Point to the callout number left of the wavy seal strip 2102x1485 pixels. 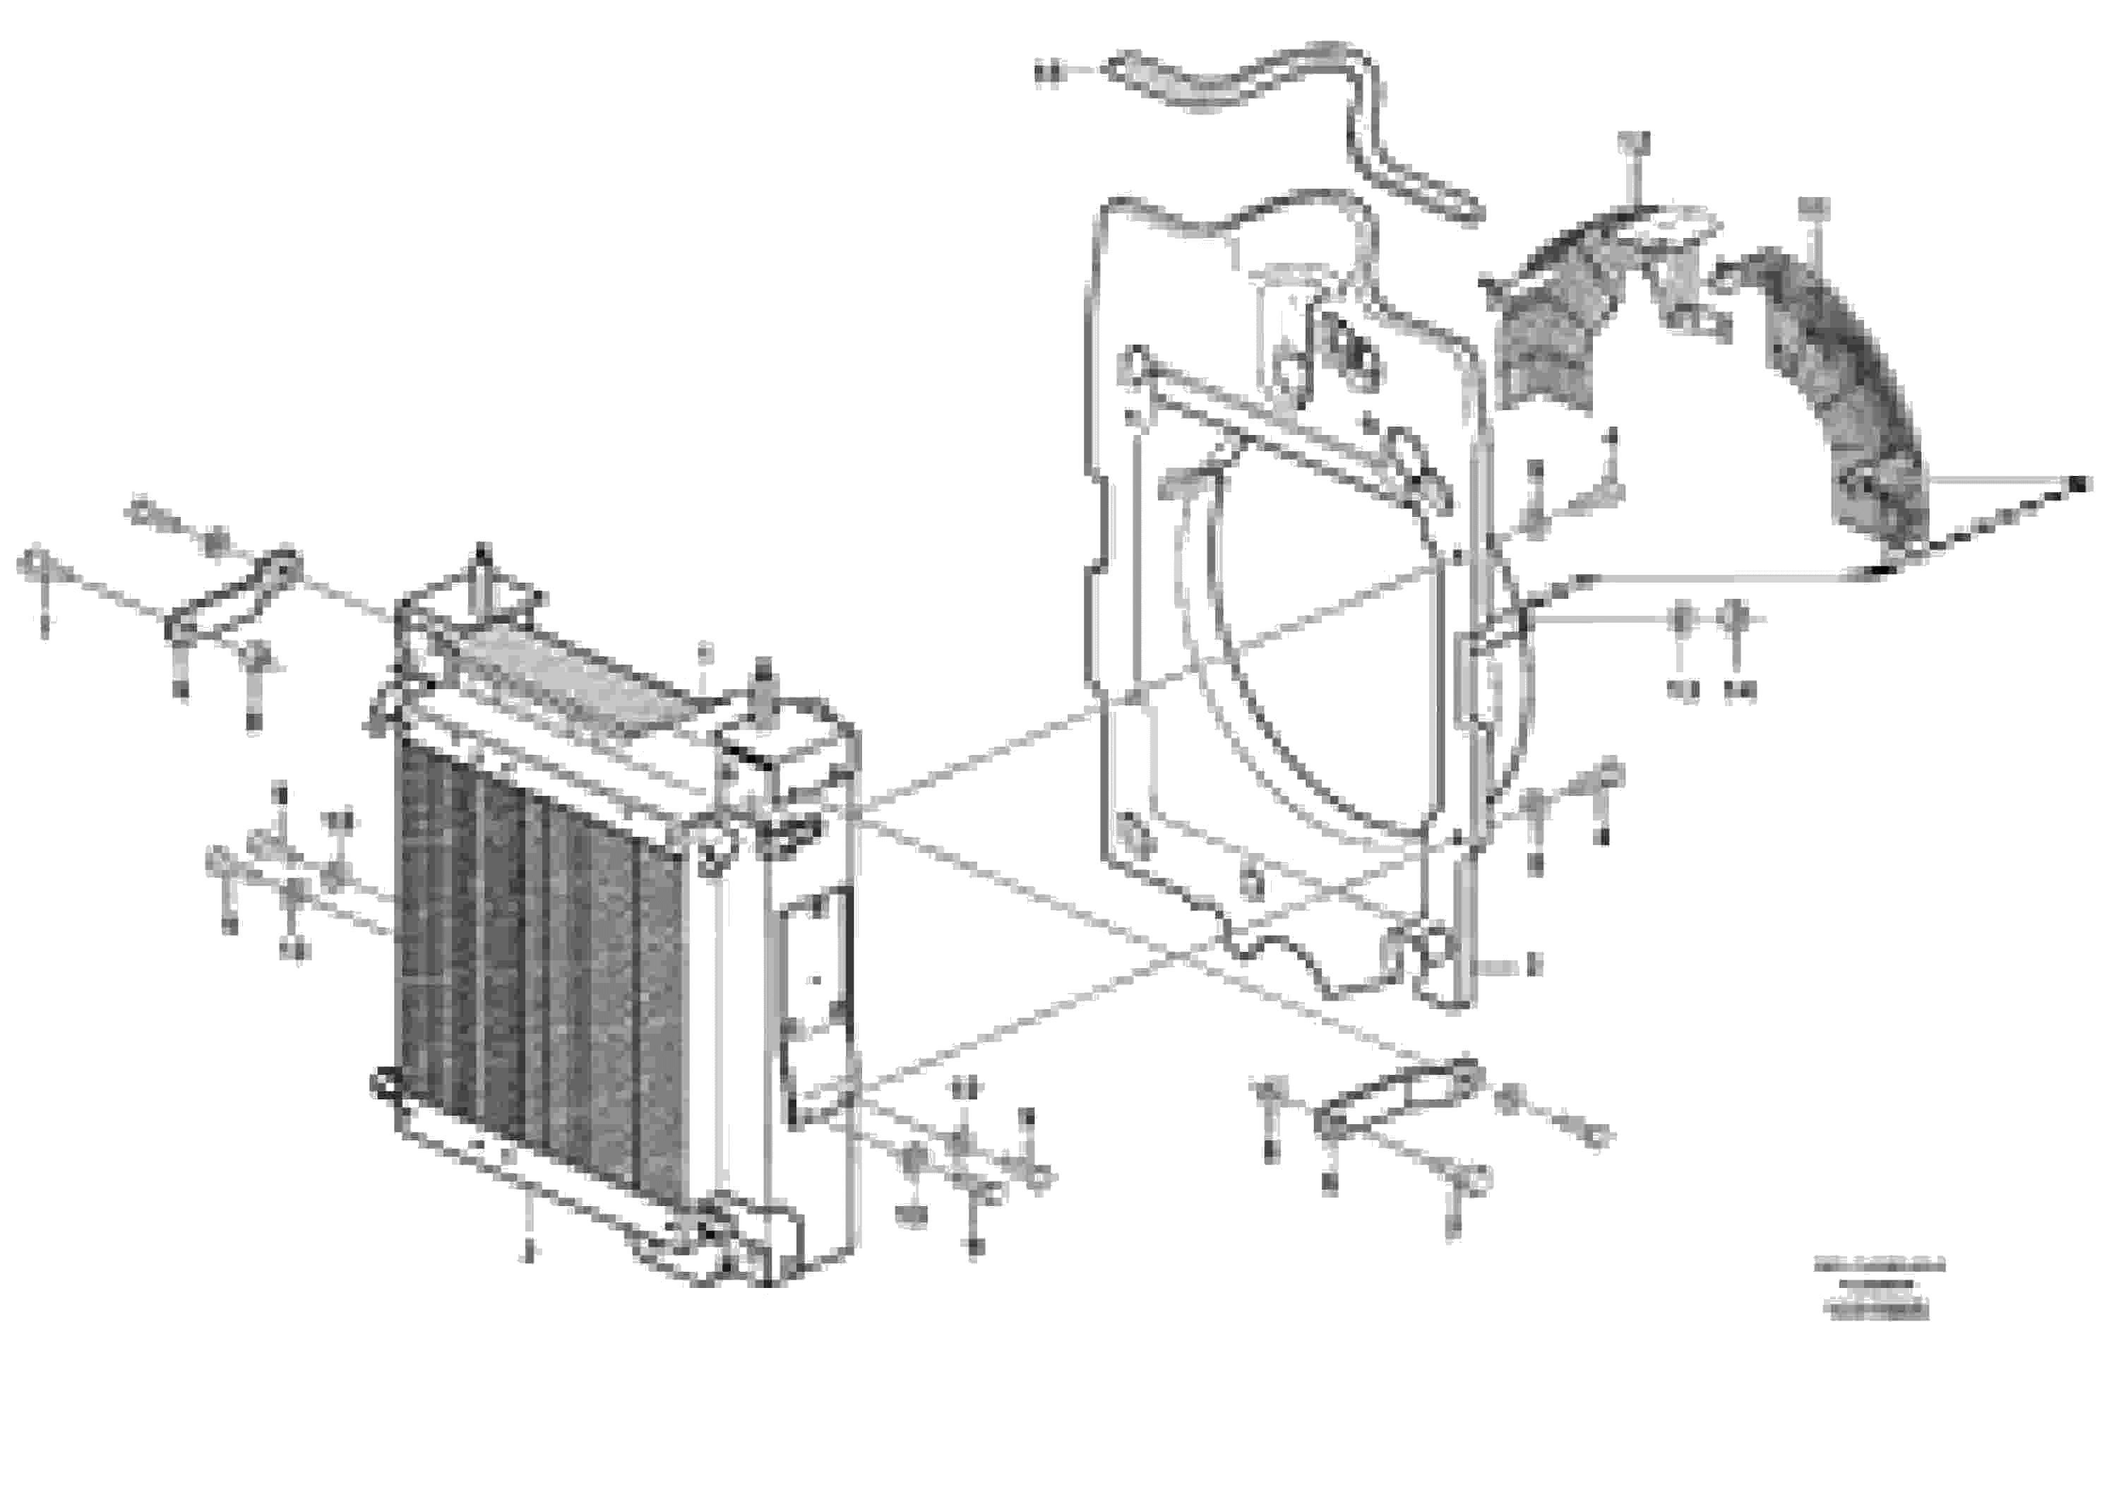tap(1046, 72)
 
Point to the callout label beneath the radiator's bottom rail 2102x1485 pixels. tap(527, 1253)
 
